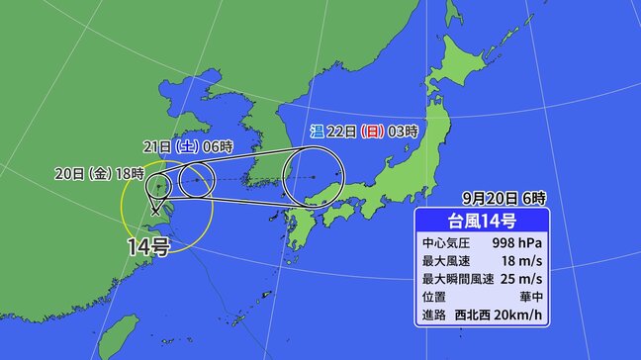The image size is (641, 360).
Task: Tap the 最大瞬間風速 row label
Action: click(x=457, y=281)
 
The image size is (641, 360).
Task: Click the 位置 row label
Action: click(x=436, y=300)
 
